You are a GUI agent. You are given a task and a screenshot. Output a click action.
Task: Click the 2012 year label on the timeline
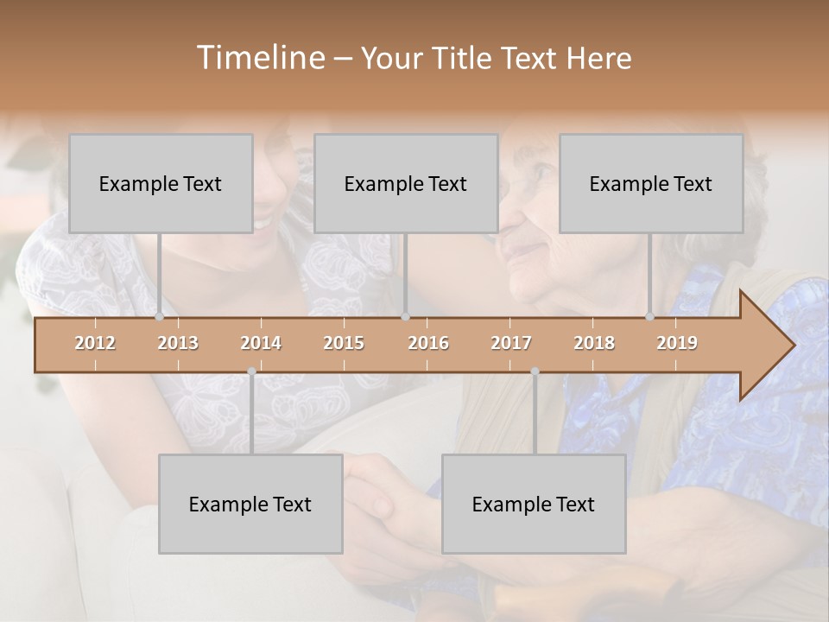(x=95, y=343)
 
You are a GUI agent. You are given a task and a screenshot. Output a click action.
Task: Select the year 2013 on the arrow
(x=178, y=343)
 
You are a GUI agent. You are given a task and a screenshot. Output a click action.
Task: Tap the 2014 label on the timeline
(x=261, y=343)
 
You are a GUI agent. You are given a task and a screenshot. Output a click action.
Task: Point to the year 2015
(x=344, y=343)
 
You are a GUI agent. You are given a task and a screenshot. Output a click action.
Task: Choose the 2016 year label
(x=428, y=343)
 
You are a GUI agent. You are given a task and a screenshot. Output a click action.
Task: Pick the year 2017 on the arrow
(x=511, y=343)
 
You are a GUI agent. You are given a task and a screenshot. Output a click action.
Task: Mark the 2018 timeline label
(x=594, y=343)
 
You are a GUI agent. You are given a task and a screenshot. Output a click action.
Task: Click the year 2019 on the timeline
(x=677, y=343)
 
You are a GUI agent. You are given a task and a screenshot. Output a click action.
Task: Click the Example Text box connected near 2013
(x=161, y=184)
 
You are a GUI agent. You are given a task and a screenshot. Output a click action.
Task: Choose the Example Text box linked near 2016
(x=406, y=184)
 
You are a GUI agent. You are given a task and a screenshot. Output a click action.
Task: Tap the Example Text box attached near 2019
(x=651, y=184)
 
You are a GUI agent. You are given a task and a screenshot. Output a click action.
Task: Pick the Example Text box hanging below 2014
(x=250, y=505)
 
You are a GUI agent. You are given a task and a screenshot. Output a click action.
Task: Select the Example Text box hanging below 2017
(x=534, y=505)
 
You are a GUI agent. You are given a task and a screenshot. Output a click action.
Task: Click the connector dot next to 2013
(x=159, y=317)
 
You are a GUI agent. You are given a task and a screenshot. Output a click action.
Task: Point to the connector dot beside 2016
(x=405, y=317)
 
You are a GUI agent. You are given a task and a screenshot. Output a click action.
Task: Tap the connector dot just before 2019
(x=649, y=317)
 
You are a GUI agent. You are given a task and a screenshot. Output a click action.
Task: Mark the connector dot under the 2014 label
(x=251, y=371)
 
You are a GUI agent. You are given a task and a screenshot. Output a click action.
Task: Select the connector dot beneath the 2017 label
(x=535, y=371)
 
